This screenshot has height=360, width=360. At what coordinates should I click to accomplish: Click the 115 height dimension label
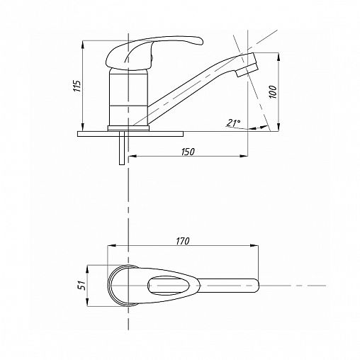tap(77, 86)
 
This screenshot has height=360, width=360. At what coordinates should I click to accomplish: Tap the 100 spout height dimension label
tap(273, 92)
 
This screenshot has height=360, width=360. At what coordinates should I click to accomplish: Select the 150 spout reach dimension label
tap(188, 152)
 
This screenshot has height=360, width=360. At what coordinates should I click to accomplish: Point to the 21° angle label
tap(234, 123)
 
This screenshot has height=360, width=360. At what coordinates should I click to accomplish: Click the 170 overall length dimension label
tap(183, 241)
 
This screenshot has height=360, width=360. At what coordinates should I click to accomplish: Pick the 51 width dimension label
tap(81, 286)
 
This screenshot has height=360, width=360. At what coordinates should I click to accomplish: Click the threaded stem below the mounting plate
tap(122, 148)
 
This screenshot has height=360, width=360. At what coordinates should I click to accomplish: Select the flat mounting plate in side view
tap(130, 134)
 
